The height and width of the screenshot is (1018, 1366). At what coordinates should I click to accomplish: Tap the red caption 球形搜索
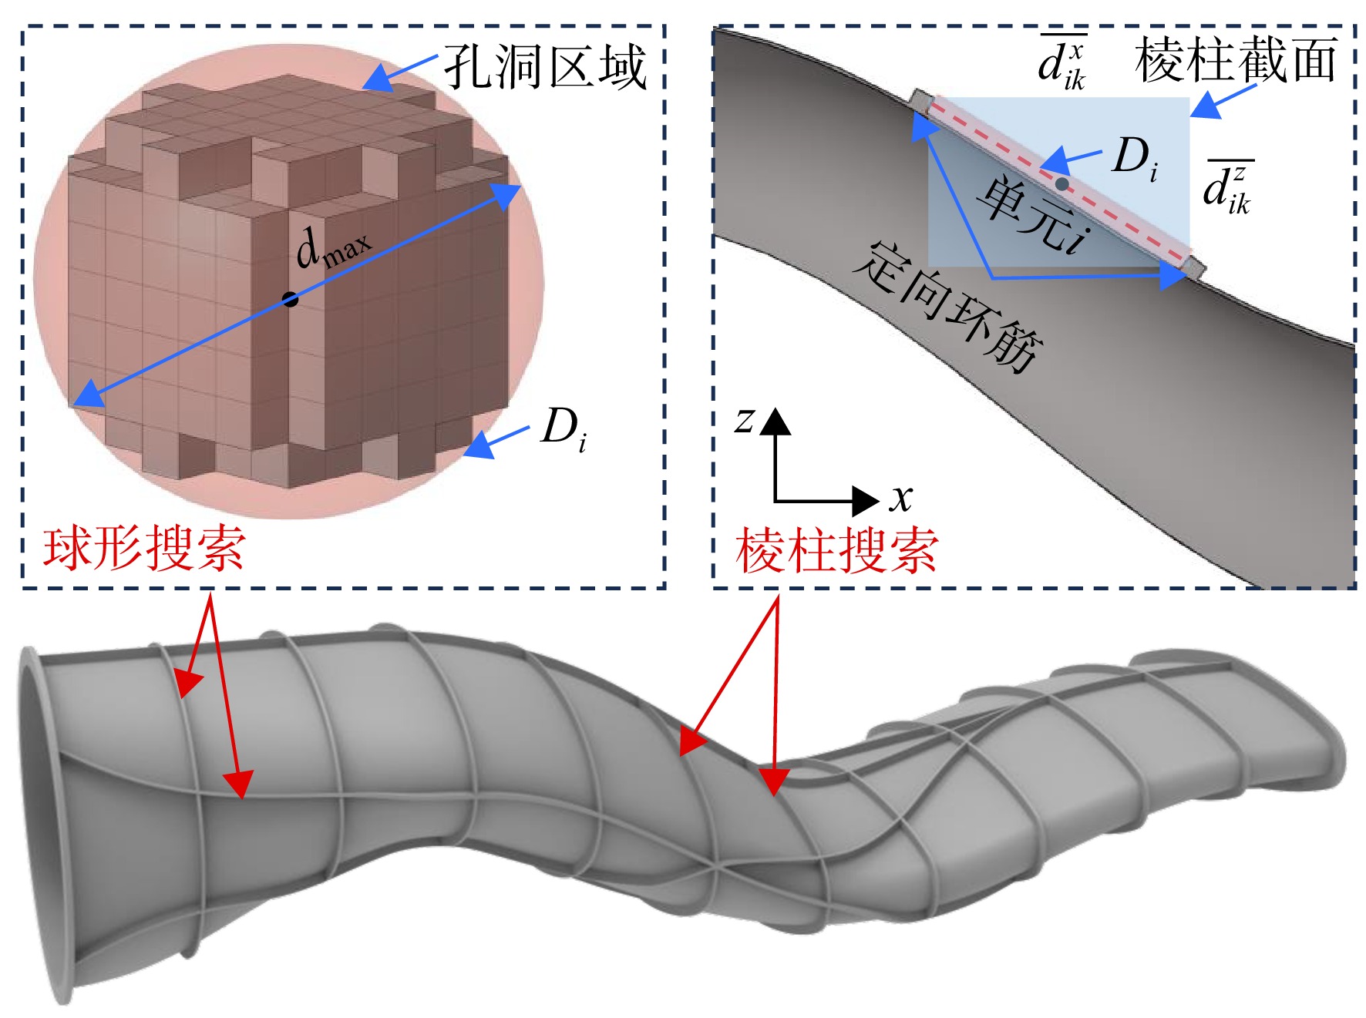pyautogui.click(x=145, y=549)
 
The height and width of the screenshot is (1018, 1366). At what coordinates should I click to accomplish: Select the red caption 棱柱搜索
pyautogui.click(x=837, y=550)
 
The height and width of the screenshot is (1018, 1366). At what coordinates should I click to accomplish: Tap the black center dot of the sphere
pyautogui.click(x=290, y=299)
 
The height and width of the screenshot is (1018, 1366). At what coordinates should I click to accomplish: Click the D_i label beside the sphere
pyautogui.click(x=564, y=430)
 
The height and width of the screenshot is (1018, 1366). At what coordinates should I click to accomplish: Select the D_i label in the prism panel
pyautogui.click(x=1136, y=160)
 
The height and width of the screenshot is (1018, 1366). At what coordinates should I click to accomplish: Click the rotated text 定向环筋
pyautogui.click(x=949, y=307)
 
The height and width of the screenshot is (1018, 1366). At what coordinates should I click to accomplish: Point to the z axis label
pyautogui.click(x=743, y=421)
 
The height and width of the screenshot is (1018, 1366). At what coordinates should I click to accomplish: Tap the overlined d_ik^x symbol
pyautogui.click(x=1062, y=62)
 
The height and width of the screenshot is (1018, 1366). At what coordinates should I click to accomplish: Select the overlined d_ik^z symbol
pyautogui.click(x=1229, y=186)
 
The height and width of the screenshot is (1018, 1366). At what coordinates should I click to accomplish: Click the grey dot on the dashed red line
pyautogui.click(x=1062, y=183)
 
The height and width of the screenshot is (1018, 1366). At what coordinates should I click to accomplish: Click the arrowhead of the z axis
pyautogui.click(x=776, y=422)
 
